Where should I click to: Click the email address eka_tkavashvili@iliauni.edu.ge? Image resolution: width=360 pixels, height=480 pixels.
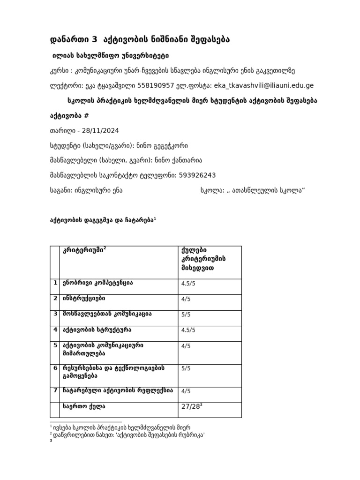pos(264,85)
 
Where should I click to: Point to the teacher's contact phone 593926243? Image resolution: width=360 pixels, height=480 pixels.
pos(197,175)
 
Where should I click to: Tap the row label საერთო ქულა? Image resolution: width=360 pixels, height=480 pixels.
pos(84,406)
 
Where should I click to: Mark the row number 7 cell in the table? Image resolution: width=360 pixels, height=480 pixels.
pos(55,390)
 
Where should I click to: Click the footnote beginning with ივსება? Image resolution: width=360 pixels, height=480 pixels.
pos(122,427)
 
